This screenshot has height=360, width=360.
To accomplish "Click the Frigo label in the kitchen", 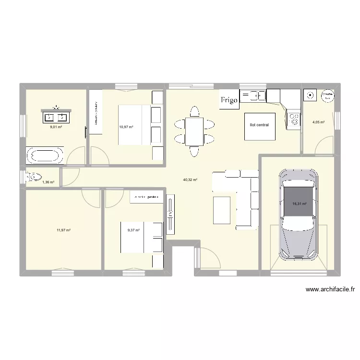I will tap(229, 100).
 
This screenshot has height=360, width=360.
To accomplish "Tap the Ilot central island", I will tap(260, 126).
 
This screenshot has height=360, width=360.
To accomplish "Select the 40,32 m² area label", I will tap(190, 180).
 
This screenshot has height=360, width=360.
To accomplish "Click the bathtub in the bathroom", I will tap(44, 156).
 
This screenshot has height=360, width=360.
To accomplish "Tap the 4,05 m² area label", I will tap(319, 122).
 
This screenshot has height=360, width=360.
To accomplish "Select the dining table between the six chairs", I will tap(194, 132).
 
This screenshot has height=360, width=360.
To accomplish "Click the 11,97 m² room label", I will tap(63, 230).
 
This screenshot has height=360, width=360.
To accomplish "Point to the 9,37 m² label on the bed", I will tap(133, 230).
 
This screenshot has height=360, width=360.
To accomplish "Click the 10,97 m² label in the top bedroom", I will tap(126, 127).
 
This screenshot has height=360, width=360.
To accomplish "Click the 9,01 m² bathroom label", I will tap(56, 127).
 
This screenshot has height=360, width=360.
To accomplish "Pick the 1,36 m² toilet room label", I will tap(48, 182).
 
